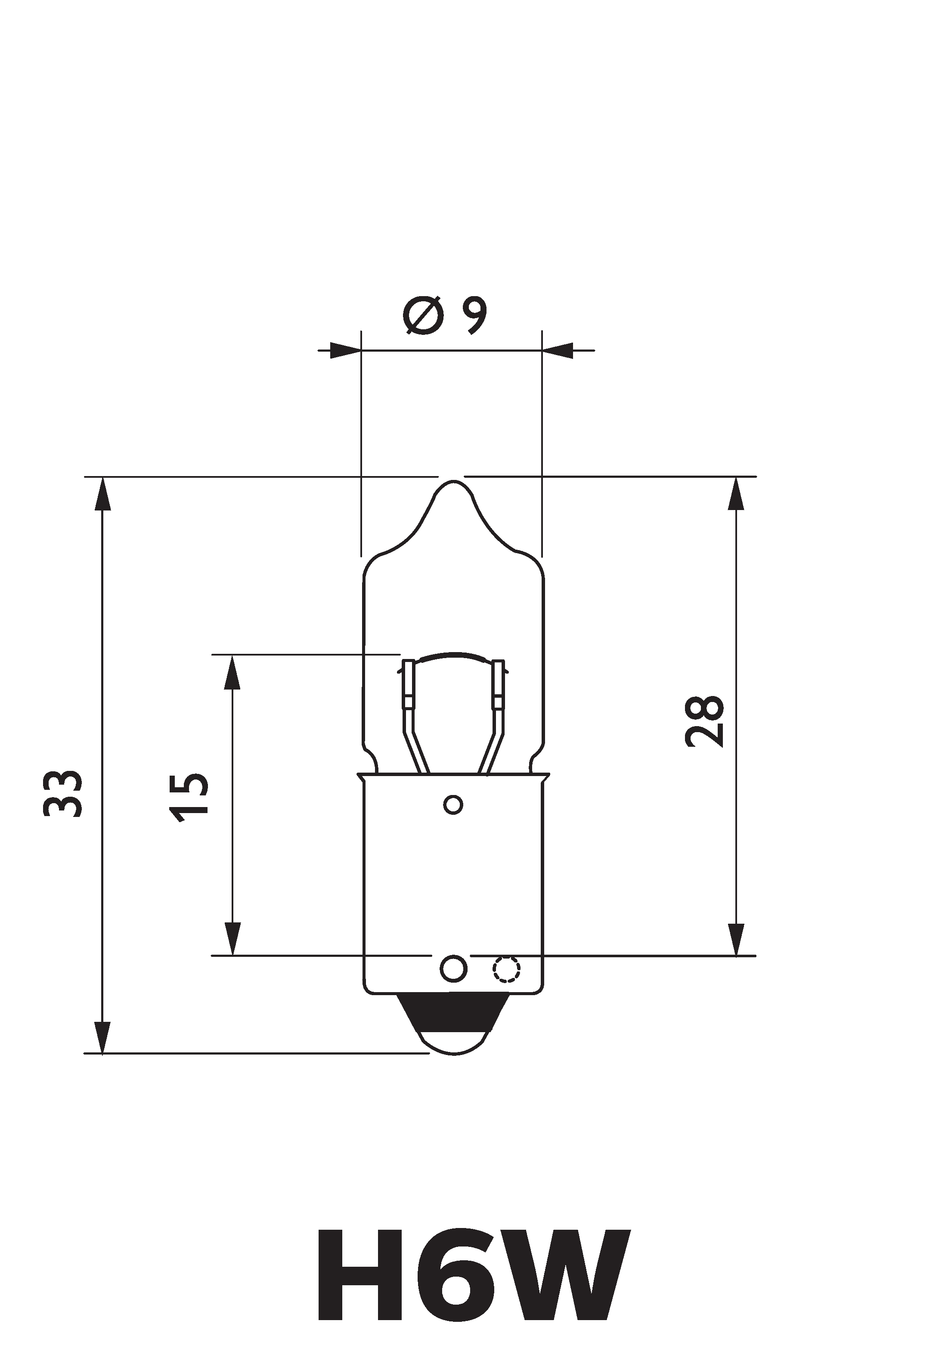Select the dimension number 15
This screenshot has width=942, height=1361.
(x=189, y=798)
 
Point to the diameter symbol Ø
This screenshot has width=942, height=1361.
(x=424, y=316)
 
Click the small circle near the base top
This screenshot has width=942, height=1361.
(x=453, y=805)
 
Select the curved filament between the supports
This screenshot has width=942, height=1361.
(x=453, y=656)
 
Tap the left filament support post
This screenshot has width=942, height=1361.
(x=408, y=687)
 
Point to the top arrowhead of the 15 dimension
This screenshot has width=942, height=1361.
(x=232, y=672)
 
